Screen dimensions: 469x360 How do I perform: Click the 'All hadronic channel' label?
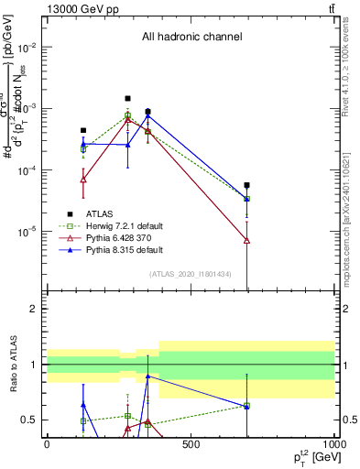[x=191, y=38]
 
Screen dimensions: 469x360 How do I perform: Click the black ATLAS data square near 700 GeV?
[x=247, y=185]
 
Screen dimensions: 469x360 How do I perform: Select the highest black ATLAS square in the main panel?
[x=128, y=98]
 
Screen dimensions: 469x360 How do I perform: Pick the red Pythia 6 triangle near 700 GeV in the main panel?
[x=247, y=240]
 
